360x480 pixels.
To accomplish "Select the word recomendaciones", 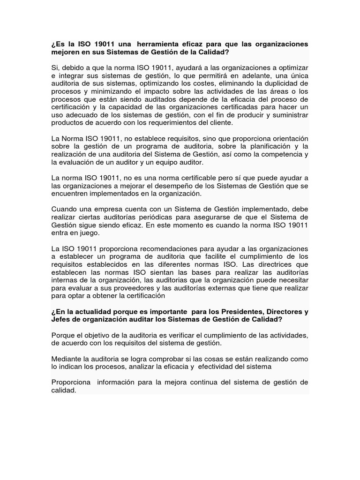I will click(x=151, y=248).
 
